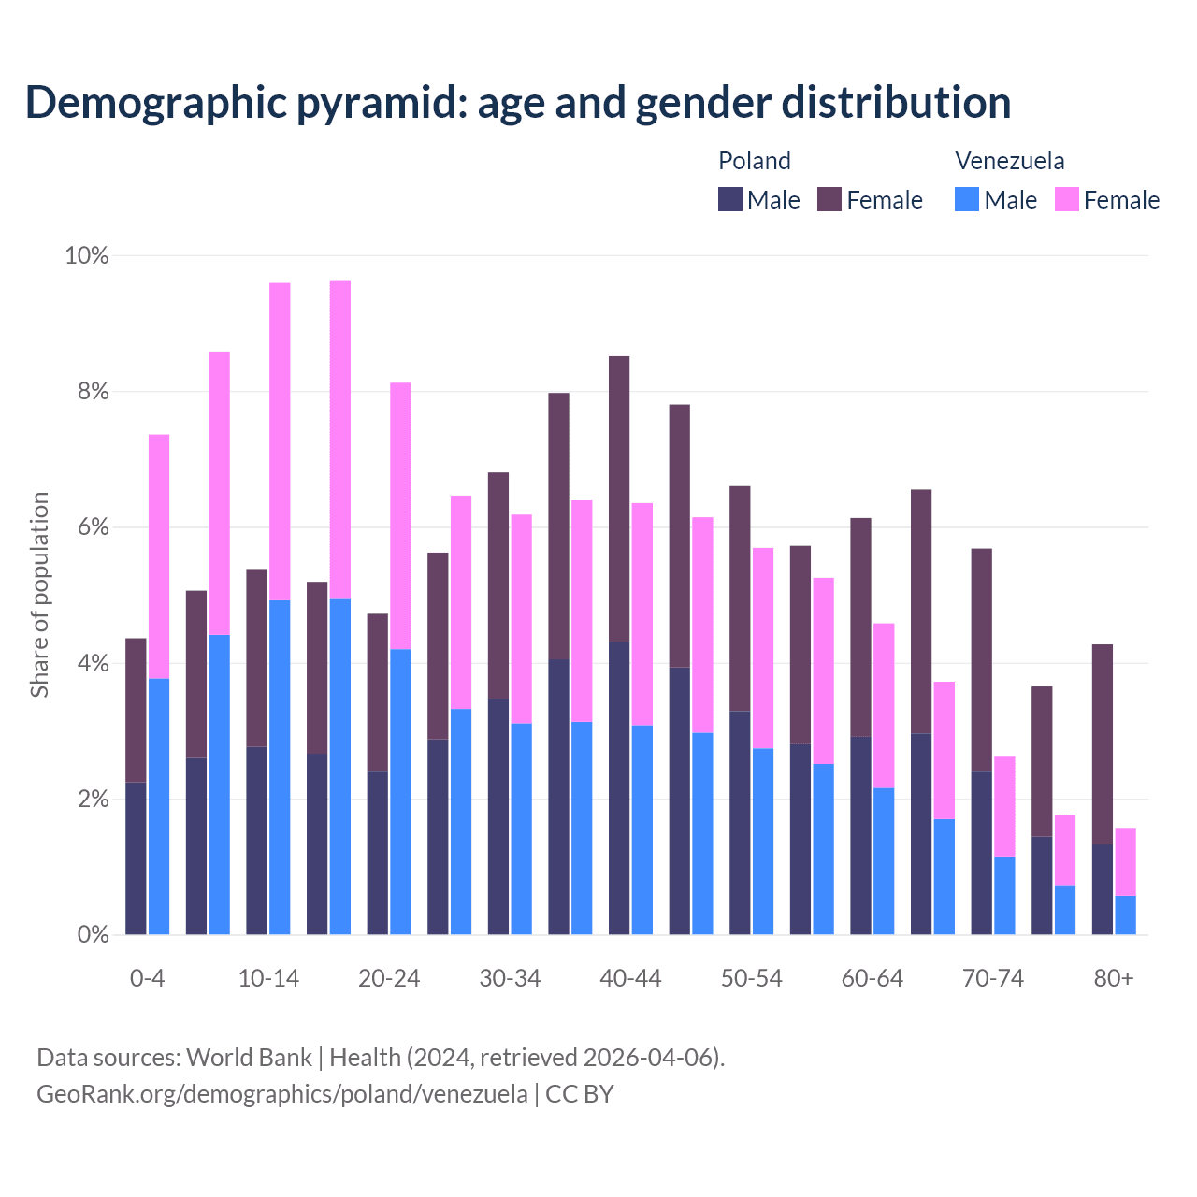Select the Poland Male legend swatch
pyautogui.click(x=730, y=199)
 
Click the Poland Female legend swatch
pyautogui.click(x=829, y=199)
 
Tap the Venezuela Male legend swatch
pyautogui.click(x=967, y=199)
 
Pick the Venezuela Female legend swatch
pyautogui.click(x=1066, y=199)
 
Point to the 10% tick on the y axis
pyautogui.click(x=86, y=256)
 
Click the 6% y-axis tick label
pyautogui.click(x=93, y=527)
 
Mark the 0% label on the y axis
pyautogui.click(x=93, y=934)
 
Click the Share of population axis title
pyautogui.click(x=40, y=595)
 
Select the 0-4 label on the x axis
pyautogui.click(x=147, y=978)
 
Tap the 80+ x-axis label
pyautogui.click(x=1113, y=978)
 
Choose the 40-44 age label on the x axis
pyautogui.click(x=630, y=978)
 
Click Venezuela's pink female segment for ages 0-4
pyautogui.click(x=159, y=556)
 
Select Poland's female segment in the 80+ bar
pyautogui.click(x=1103, y=743)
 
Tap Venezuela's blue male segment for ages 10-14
pyautogui.click(x=280, y=767)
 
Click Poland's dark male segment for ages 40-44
pyautogui.click(x=619, y=787)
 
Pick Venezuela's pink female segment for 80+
pyautogui.click(x=1125, y=861)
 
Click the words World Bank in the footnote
pyautogui.click(x=249, y=1058)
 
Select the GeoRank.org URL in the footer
pyautogui.click(x=281, y=1094)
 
